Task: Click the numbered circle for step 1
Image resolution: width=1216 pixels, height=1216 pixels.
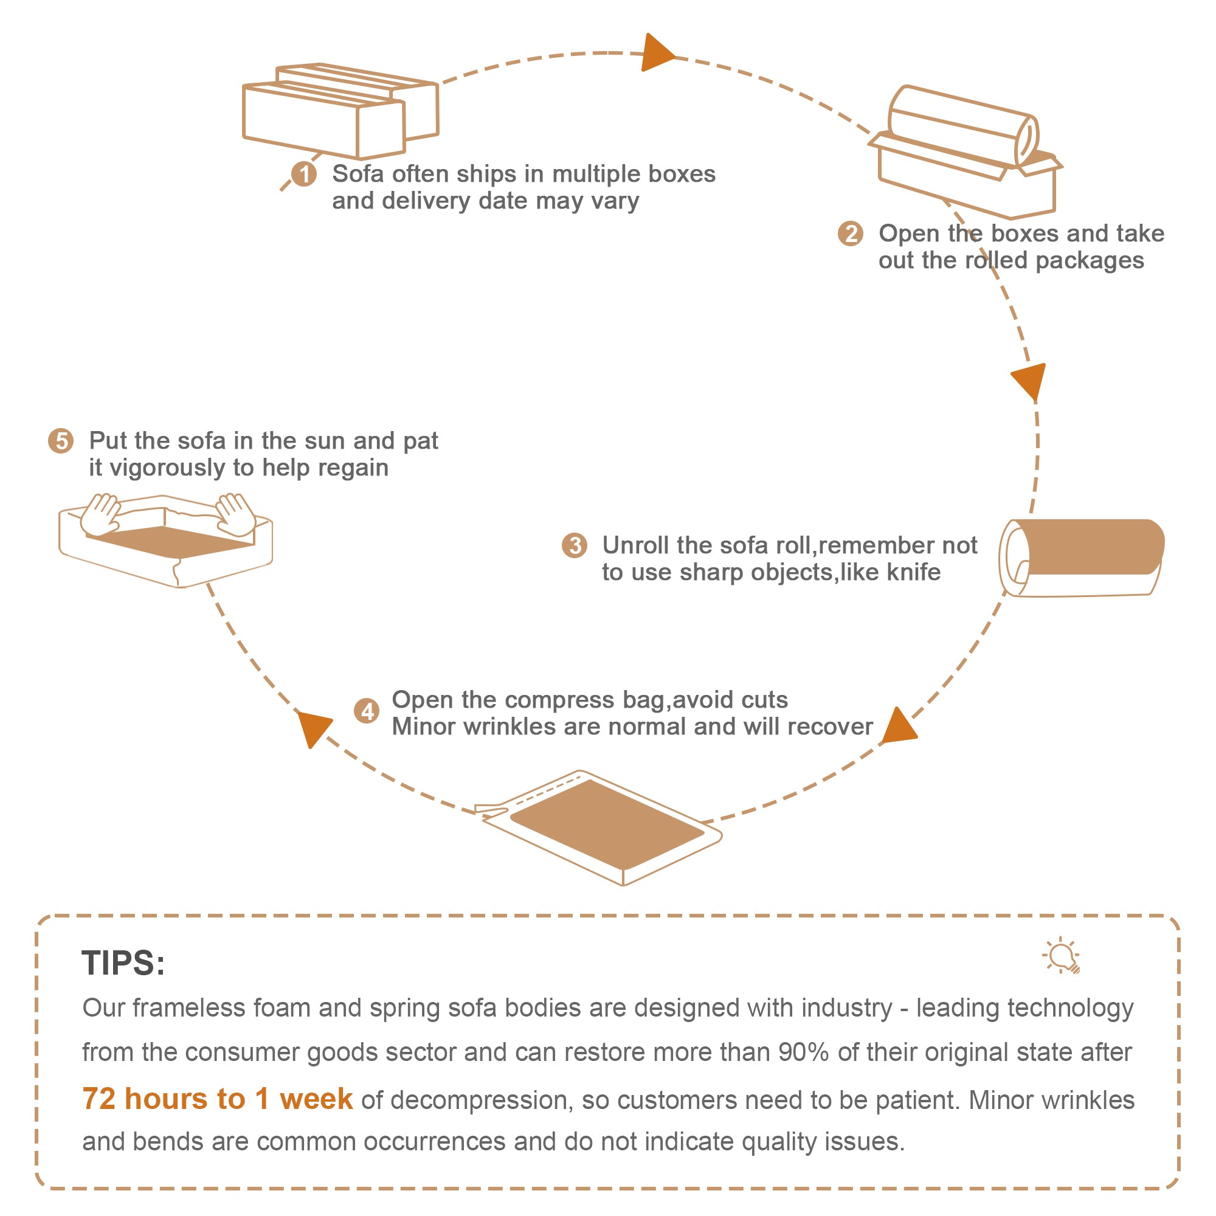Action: (304, 174)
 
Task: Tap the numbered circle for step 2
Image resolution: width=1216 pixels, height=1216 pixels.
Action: (851, 233)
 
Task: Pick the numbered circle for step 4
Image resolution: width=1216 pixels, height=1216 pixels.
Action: (366, 711)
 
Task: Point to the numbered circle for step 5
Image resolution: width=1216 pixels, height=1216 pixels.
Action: (61, 441)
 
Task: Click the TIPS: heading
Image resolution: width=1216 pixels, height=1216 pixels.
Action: (123, 963)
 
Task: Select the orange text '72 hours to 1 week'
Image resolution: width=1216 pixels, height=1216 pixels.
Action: (217, 1099)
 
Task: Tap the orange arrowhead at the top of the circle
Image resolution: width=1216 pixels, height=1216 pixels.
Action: (656, 54)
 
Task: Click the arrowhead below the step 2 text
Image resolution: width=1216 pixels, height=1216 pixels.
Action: (1030, 379)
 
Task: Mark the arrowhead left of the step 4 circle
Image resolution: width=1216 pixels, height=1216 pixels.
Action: (313, 728)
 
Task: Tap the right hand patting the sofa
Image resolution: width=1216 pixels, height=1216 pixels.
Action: (236, 514)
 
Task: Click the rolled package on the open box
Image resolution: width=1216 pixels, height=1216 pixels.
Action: (963, 126)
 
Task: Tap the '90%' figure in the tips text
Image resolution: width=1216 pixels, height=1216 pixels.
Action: (803, 1052)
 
